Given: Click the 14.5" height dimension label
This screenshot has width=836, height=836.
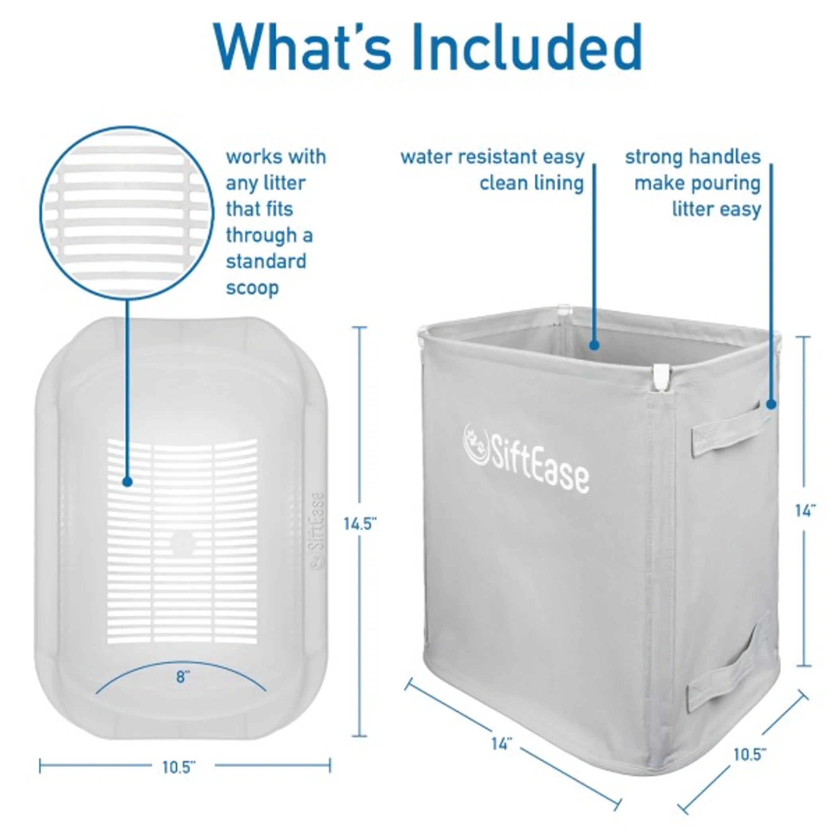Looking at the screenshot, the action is coord(360,524).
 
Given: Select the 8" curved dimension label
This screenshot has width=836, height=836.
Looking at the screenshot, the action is coord(183,677).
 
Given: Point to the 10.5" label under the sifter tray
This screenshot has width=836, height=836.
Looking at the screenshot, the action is coord(179,767).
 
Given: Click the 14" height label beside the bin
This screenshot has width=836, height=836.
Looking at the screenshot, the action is coord(805,511).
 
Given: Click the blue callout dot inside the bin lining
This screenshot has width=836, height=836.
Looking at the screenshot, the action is coord(594,345).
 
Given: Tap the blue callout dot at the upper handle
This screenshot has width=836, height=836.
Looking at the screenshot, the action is coord(771,404).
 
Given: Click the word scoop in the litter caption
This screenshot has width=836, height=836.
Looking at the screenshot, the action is coord(252,288).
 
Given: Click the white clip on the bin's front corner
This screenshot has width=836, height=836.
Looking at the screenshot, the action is coord(661,376).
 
